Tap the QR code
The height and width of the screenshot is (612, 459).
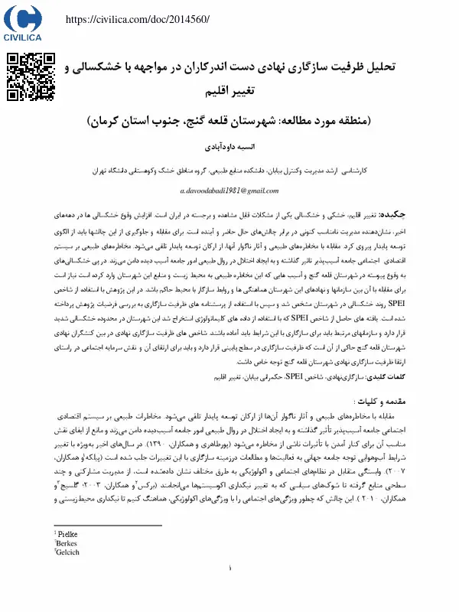click(x=31, y=77)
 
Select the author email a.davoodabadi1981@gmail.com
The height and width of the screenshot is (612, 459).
click(x=229, y=190)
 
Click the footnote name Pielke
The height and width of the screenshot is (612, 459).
click(x=68, y=533)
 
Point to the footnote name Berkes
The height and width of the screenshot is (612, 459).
click(x=67, y=542)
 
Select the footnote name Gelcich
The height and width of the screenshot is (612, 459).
click(x=69, y=551)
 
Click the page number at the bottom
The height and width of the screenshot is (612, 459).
click(x=229, y=591)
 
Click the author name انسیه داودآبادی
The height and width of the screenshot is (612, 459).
click(x=230, y=143)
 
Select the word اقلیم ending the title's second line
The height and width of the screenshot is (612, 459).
click(x=216, y=93)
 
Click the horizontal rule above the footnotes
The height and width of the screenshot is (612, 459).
click(x=107, y=526)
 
